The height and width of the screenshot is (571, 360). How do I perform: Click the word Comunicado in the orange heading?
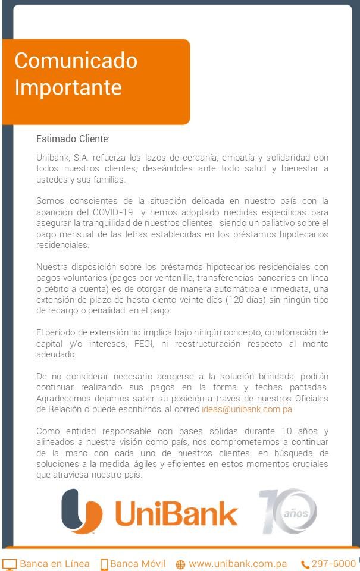76,61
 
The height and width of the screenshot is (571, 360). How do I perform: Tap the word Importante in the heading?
68,87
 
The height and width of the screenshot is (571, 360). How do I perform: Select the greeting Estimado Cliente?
73,139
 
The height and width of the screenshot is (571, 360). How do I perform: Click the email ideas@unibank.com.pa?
246,409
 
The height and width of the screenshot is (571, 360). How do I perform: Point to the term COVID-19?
112,212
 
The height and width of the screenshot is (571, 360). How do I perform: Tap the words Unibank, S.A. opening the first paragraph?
61,158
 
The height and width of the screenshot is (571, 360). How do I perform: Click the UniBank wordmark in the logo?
176,512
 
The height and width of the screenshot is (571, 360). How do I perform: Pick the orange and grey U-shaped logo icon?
82,511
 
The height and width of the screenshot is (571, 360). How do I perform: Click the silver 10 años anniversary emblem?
288,511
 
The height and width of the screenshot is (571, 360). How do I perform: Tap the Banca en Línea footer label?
55,564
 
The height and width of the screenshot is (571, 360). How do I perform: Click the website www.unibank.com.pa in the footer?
238,564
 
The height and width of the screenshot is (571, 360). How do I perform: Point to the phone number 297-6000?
334,564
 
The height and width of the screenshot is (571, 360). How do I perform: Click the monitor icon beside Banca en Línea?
10,564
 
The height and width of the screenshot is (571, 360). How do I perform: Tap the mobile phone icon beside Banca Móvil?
104,564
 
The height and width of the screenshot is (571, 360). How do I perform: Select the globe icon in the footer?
180,564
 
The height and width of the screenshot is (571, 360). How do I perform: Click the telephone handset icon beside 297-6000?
305,564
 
